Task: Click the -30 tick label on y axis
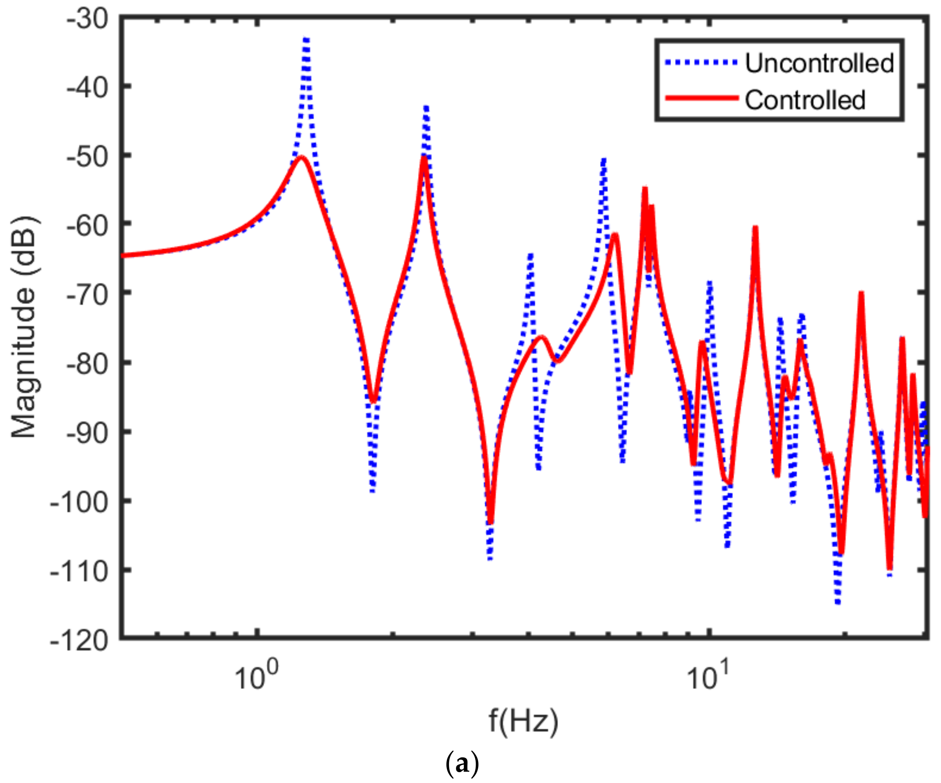(88, 20)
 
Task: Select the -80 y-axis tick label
(88, 363)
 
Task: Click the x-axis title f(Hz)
(523, 721)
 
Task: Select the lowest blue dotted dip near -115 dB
(838, 601)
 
